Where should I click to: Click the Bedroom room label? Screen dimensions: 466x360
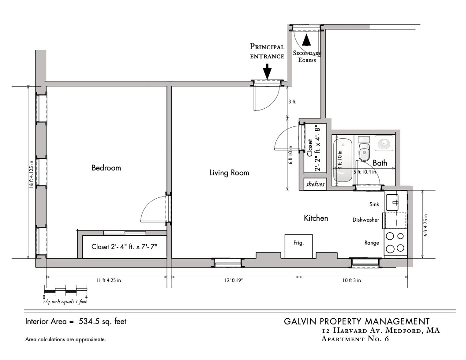coord(106,168)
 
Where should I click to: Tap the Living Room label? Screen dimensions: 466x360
coord(229,173)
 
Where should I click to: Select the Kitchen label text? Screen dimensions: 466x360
coord(316,218)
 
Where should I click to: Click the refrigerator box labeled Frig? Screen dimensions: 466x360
coord(299,246)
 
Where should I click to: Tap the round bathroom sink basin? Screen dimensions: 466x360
coord(384,143)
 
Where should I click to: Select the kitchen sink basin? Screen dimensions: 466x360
coord(392,202)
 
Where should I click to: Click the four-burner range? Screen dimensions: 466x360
coord(395,242)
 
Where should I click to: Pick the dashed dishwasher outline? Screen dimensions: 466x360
coord(395,221)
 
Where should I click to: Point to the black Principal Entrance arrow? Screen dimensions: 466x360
coord(267,71)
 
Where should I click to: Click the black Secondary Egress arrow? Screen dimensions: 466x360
coord(306,40)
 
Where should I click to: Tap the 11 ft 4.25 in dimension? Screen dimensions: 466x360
coord(108,280)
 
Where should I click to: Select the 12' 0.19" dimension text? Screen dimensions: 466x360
coord(234,280)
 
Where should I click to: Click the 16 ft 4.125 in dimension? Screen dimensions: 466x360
coord(31,174)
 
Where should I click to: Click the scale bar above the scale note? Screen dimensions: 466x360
coord(66,291)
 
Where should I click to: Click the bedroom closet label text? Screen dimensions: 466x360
coord(124,247)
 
